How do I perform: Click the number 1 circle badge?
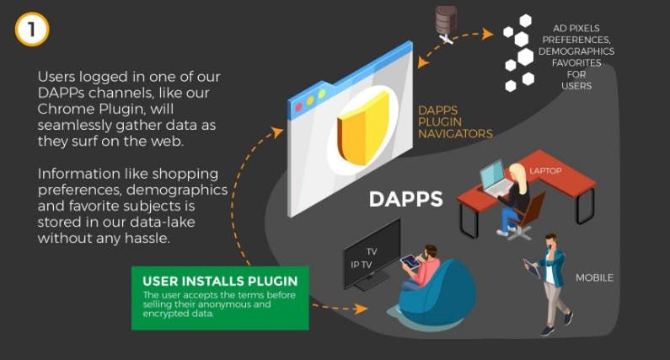[32, 29]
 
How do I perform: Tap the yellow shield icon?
[363, 129]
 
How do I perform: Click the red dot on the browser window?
[298, 106]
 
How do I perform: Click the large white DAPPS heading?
[406, 199]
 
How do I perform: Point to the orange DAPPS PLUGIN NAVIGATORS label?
[455, 122]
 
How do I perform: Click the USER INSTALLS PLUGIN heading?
[220, 282]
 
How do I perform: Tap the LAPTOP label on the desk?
[545, 170]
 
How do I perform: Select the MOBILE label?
[594, 278]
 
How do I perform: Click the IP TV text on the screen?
[362, 265]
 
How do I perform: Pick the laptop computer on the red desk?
[496, 178]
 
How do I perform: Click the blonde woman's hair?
[518, 175]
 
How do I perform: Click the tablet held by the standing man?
[532, 268]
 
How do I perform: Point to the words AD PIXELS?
[576, 28]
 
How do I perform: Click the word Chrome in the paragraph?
[66, 109]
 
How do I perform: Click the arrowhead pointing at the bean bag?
[362, 309]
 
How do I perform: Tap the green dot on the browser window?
[322, 94]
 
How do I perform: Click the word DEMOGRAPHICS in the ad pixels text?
[576, 51]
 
